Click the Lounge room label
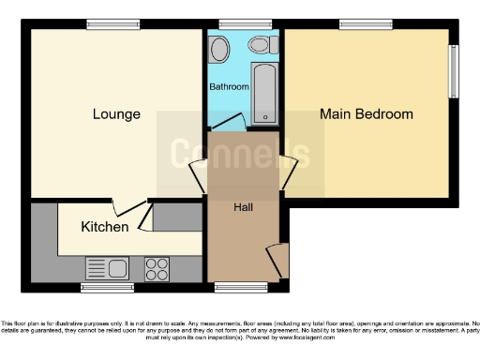pyautogui.click(x=116, y=114)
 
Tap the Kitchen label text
pyautogui.click(x=104, y=227)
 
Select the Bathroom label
pyautogui.click(x=229, y=86)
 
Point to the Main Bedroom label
pyautogui.click(x=366, y=114)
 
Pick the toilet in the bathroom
pyautogui.click(x=261, y=47)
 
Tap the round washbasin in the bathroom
pyautogui.click(x=220, y=49)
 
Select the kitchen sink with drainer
pyautogui.click(x=107, y=268)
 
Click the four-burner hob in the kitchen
pyautogui.click(x=157, y=268)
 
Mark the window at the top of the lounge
pyautogui.click(x=101, y=23)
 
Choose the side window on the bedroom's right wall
pyautogui.click(x=454, y=70)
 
